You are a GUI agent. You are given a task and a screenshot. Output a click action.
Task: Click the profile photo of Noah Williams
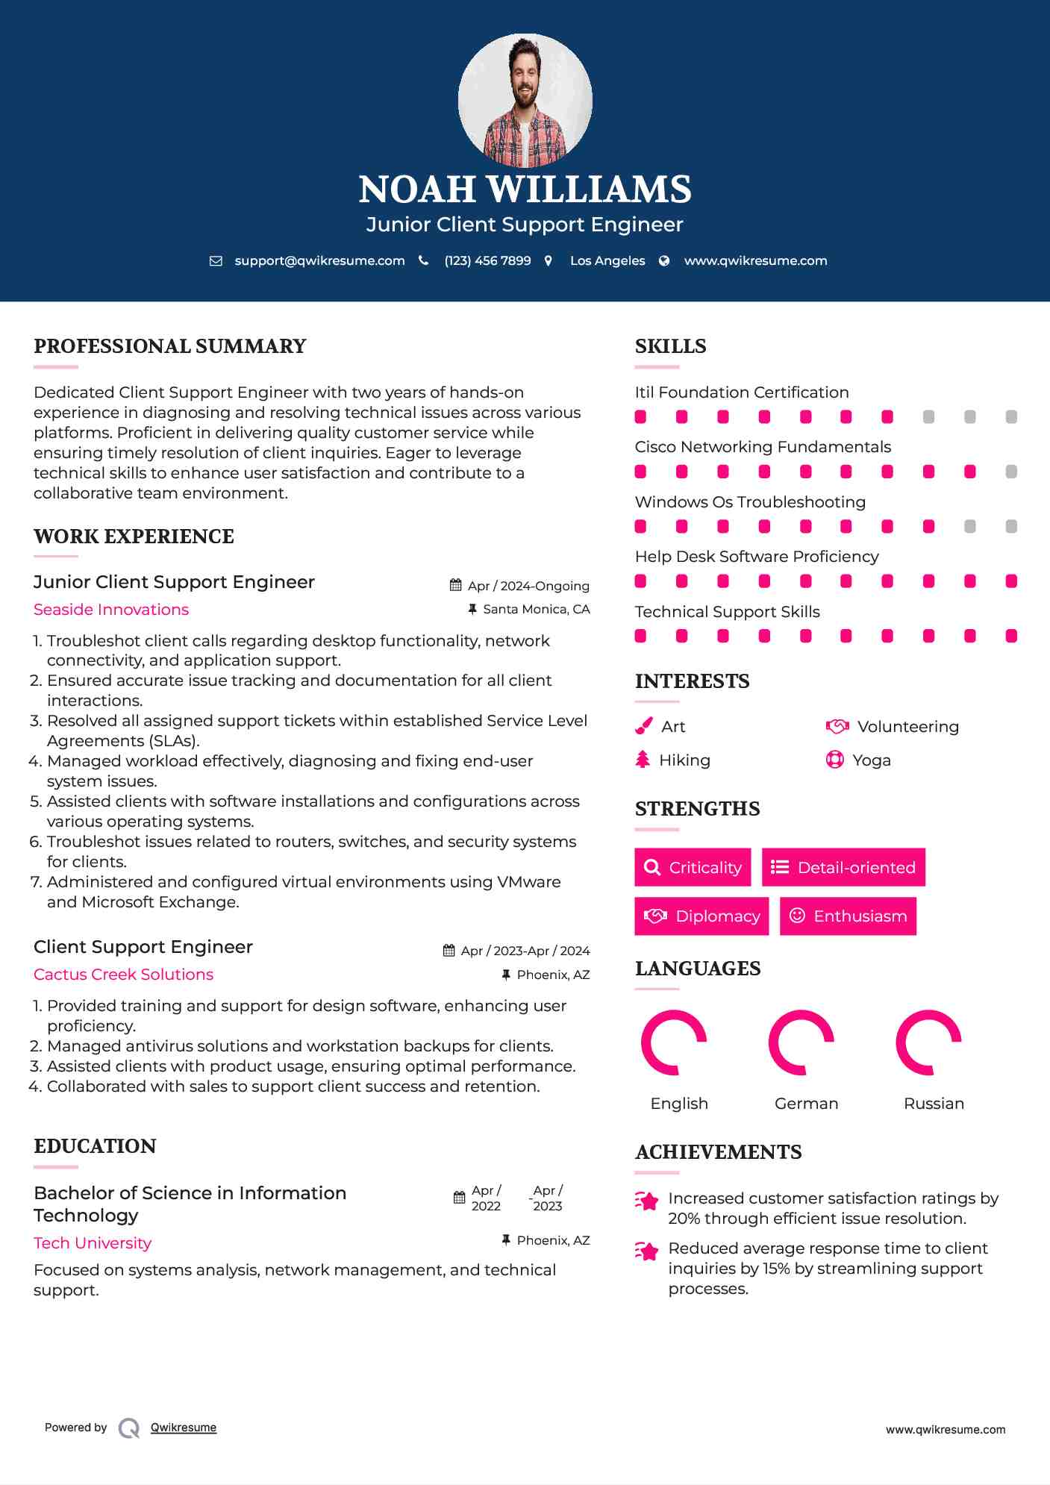525,100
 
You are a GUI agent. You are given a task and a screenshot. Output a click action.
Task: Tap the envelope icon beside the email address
216,261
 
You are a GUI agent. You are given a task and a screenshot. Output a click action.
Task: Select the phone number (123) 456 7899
487,261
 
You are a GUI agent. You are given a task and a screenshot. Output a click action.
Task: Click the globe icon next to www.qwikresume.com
664,261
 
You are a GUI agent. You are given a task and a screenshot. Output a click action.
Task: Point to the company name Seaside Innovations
111,610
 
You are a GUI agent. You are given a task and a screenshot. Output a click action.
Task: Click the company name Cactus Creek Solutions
123,975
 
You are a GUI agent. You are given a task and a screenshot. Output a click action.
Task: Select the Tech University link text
93,1243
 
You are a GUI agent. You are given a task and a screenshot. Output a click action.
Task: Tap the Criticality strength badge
693,867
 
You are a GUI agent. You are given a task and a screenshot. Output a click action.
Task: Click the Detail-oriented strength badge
843,867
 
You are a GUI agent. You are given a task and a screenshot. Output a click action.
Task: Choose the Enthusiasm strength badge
848,916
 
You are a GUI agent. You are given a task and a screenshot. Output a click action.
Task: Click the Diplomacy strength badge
701,916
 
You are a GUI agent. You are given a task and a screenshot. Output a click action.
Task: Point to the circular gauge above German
801,1042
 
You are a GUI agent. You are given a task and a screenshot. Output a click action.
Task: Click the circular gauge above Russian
928,1042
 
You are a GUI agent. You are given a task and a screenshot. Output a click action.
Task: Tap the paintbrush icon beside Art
643,726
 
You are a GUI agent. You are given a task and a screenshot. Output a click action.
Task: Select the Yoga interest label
872,760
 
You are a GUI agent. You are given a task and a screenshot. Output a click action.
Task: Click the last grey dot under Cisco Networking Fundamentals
1011,472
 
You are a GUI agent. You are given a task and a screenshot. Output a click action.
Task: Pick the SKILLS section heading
670,346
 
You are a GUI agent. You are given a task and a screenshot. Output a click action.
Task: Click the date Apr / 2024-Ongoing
528,587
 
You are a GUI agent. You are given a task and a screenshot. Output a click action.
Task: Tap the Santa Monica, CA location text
536,610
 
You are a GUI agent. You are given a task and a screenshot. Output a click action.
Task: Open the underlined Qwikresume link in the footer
184,1428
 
